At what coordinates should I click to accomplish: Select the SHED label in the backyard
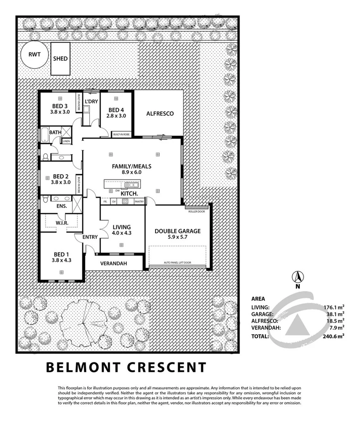(x=60, y=58)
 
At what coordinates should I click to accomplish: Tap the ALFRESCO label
(x=160, y=114)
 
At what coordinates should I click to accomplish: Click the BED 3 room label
(x=60, y=105)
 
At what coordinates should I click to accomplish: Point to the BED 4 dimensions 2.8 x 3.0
(x=117, y=116)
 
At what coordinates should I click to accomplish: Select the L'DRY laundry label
(x=91, y=102)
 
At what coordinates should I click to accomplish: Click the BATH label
(x=55, y=132)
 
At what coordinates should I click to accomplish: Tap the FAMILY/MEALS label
(x=132, y=166)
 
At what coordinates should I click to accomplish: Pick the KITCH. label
(x=129, y=193)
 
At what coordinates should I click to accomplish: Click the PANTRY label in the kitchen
(x=139, y=201)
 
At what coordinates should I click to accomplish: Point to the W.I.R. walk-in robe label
(x=62, y=223)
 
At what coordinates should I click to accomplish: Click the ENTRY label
(x=90, y=237)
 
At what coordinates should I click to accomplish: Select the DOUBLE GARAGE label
(x=177, y=231)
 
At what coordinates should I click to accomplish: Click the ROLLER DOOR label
(x=196, y=212)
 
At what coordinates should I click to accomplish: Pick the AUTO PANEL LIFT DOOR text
(x=177, y=263)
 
